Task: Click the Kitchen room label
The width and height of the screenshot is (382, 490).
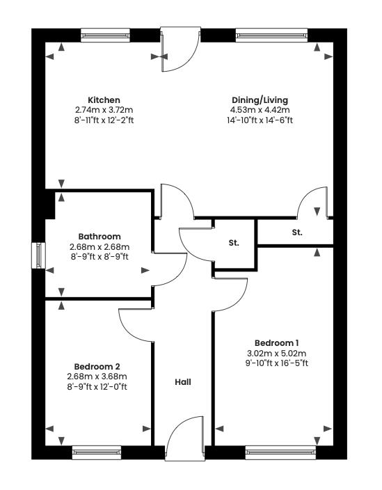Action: coord(104,100)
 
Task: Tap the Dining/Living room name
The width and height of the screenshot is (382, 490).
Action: coord(260,100)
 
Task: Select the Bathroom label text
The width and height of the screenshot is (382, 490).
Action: coord(100,237)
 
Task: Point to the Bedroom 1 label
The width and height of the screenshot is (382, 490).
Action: coord(276,342)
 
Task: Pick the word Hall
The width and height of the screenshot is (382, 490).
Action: coord(182,382)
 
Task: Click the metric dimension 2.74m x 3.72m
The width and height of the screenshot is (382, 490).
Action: coord(104,110)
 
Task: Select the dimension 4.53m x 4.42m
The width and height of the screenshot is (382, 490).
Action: coord(260,110)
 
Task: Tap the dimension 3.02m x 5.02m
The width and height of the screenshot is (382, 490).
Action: coord(276,352)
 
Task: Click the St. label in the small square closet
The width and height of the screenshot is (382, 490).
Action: coord(234,244)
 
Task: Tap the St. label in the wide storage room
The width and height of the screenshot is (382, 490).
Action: coord(297,232)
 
